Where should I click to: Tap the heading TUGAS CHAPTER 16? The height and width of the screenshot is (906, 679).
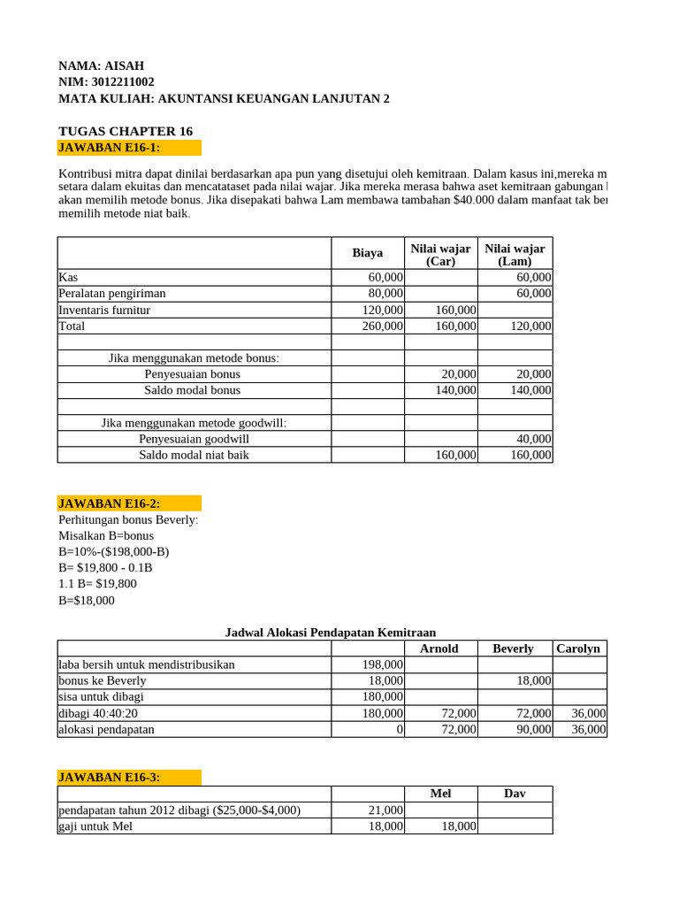(126, 131)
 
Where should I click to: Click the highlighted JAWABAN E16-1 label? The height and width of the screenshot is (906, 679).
(110, 147)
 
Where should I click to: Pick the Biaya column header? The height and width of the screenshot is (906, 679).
(367, 253)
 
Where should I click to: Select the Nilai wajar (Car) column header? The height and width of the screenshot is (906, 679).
(440, 254)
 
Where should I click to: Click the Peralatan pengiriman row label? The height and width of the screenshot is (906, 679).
(112, 293)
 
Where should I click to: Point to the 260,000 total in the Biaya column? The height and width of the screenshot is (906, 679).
(383, 326)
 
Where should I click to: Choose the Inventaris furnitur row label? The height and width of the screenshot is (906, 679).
(104, 310)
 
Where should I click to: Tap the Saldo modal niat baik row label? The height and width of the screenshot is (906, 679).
(194, 455)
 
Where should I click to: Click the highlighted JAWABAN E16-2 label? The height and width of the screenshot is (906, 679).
(110, 503)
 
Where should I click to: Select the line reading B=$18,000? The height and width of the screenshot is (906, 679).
(87, 600)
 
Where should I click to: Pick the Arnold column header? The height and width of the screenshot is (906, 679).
(439, 649)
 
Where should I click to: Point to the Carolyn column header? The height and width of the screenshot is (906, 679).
(578, 649)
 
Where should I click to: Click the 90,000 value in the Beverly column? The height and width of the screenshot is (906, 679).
(533, 729)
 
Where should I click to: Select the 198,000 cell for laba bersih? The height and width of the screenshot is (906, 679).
(383, 664)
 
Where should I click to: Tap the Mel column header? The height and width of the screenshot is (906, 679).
(440, 794)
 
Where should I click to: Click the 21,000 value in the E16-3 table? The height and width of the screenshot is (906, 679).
(385, 810)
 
